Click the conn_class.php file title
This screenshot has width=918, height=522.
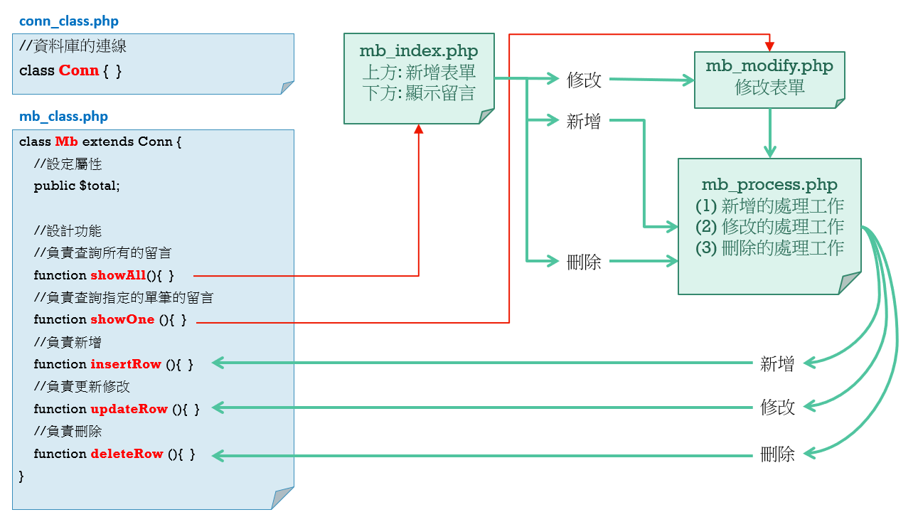click(69, 21)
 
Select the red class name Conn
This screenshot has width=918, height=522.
click(79, 70)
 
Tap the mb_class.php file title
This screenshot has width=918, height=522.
click(63, 117)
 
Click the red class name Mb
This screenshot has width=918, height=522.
click(66, 142)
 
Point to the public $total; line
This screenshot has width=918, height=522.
click(77, 186)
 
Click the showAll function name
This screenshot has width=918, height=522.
click(118, 275)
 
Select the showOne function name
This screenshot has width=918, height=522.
click(122, 319)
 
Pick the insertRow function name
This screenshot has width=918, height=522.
click(126, 364)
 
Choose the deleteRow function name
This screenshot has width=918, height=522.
click(127, 454)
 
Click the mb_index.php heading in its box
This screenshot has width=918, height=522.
click(419, 51)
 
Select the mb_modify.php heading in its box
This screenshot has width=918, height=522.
click(769, 66)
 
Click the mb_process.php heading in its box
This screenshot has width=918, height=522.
click(769, 185)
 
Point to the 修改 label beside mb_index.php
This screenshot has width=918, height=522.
click(584, 80)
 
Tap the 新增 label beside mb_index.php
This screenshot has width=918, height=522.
click(584, 122)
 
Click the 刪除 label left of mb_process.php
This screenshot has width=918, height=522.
click(584, 262)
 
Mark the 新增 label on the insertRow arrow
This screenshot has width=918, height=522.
click(777, 364)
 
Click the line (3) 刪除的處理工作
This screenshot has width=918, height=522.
click(769, 247)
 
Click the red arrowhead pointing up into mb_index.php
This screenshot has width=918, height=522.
click(419, 129)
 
